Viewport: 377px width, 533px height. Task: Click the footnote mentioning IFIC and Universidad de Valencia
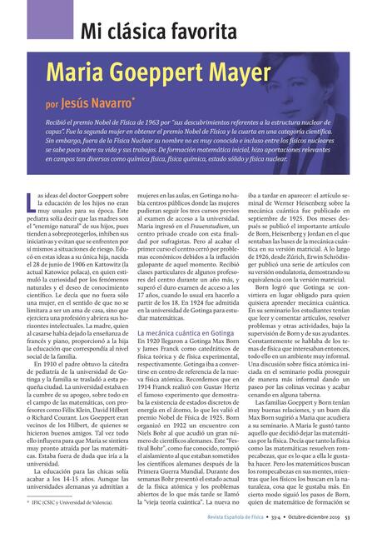point(70,503)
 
